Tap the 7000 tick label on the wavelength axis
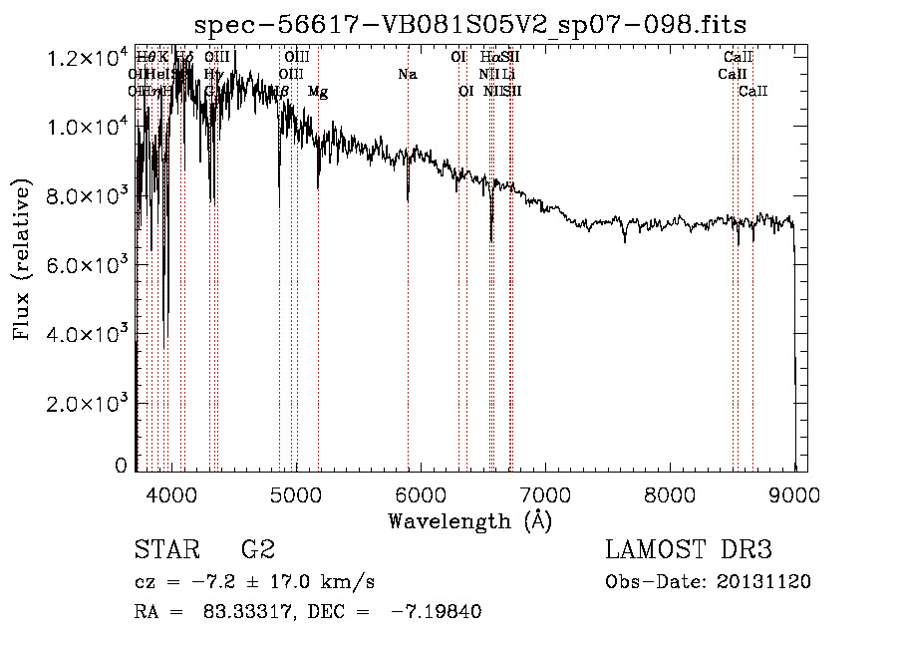coord(544,494)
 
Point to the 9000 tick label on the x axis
coord(794,494)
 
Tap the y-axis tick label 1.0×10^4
coord(87,128)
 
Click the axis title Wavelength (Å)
coord(469,520)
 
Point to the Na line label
coord(407,75)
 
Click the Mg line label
coord(318,92)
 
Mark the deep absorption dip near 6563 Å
coord(491,237)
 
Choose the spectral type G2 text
coord(257,550)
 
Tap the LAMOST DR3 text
coord(689,550)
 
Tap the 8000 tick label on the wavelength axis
coord(670,494)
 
